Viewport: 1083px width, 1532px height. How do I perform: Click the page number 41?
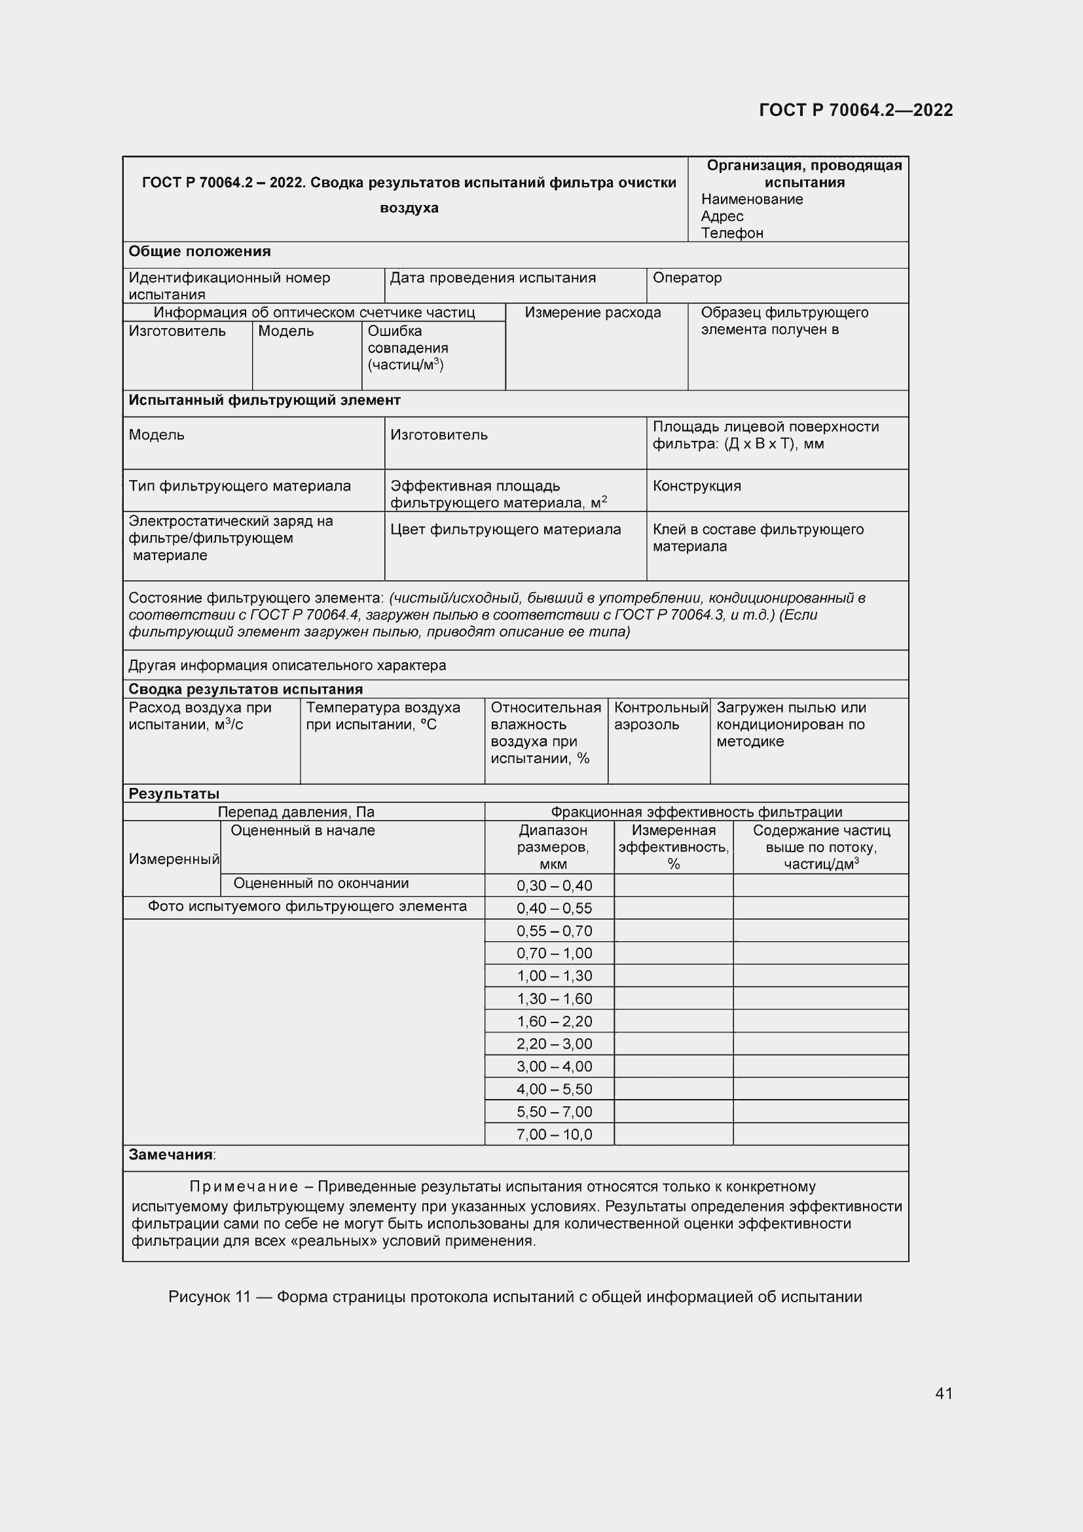(x=944, y=1393)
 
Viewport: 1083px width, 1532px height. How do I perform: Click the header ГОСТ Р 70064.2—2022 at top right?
(x=856, y=110)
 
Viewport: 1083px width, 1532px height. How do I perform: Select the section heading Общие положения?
(x=200, y=252)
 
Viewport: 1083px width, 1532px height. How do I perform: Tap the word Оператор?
(x=687, y=278)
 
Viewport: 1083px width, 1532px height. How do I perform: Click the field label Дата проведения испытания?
(x=493, y=278)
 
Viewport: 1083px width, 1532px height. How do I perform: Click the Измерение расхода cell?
(x=593, y=312)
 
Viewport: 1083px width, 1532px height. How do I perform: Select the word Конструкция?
(x=697, y=486)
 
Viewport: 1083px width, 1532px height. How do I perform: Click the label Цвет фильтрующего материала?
(x=505, y=529)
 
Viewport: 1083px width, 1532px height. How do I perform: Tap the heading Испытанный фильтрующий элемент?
(x=264, y=400)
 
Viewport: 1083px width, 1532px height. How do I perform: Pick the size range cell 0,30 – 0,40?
(x=554, y=886)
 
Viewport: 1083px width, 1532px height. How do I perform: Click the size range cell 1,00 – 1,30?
(x=554, y=975)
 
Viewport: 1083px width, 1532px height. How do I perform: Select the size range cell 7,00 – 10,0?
(x=554, y=1134)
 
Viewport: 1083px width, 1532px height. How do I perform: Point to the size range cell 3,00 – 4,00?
(x=554, y=1066)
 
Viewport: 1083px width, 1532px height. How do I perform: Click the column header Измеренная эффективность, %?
(x=674, y=847)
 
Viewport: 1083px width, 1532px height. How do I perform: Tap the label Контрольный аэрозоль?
(x=660, y=716)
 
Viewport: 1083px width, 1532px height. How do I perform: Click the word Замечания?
(x=170, y=1155)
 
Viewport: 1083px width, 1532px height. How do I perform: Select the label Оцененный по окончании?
(x=321, y=884)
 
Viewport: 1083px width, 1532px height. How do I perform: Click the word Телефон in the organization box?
(x=731, y=233)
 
